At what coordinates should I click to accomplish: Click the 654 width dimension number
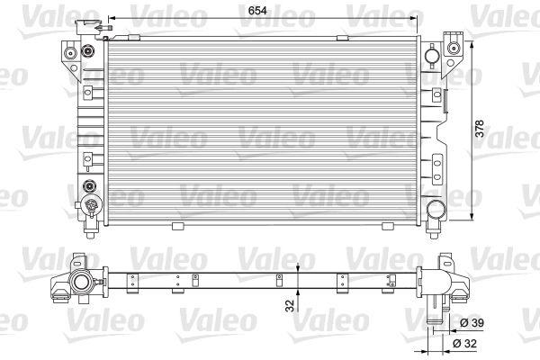(x=257, y=11)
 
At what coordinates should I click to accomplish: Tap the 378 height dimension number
(x=480, y=129)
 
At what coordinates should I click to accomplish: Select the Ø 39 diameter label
(x=472, y=323)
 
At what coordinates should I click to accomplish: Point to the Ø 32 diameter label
(x=465, y=344)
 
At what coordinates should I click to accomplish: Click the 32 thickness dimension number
(x=290, y=306)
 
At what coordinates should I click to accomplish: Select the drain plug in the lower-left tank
(x=91, y=206)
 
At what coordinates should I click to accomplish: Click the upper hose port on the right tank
(x=432, y=56)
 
